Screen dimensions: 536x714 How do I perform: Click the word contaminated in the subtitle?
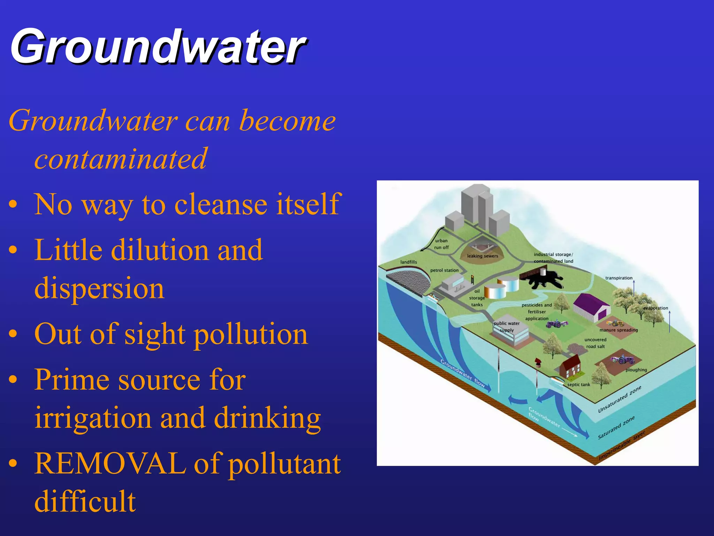[121, 158]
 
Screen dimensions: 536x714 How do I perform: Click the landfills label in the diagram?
[409, 262]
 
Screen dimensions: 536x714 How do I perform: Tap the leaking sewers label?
[483, 256]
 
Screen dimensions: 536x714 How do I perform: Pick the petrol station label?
[444, 270]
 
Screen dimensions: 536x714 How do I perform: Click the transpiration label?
[619, 278]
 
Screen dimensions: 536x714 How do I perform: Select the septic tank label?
[579, 385]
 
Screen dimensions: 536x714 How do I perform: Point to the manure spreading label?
[618, 330]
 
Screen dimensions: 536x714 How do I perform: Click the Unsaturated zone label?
[620, 400]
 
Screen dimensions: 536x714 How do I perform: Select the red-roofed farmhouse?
[570, 366]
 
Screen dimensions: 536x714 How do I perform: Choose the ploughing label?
[636, 370]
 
